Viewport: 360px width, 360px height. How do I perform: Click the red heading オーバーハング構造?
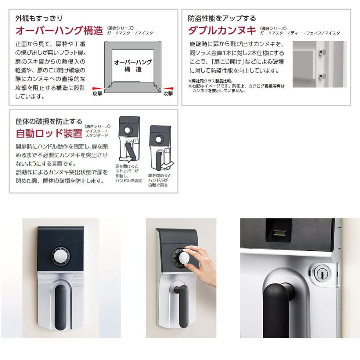59,30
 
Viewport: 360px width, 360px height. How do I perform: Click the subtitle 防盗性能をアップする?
222,18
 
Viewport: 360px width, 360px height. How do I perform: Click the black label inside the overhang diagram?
133,66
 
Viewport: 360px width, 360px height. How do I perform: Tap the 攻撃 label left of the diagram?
97,93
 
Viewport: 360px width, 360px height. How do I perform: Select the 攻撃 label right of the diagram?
168,93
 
